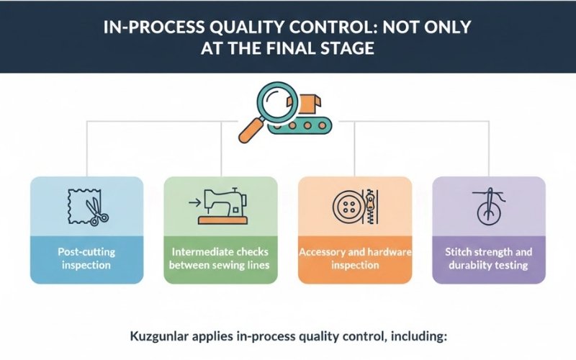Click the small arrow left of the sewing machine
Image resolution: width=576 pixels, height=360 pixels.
pos(192,204)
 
